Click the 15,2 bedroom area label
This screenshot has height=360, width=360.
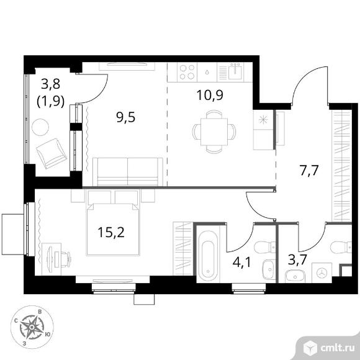click(111, 232)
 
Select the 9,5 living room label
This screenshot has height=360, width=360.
click(126, 117)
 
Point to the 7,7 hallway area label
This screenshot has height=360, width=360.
click(309, 170)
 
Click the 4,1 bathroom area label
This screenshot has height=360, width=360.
click(242, 262)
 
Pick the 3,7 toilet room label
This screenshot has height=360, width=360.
click(297, 260)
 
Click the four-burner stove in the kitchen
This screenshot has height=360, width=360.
click(187, 72)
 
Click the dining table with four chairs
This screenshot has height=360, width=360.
click(214, 132)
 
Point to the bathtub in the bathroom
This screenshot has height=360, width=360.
click(208, 256)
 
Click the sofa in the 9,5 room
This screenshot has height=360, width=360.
click(128, 172)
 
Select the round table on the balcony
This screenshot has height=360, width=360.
click(40, 127)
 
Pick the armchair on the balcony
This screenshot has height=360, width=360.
click(52, 153)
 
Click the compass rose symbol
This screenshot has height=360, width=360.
click(32, 327)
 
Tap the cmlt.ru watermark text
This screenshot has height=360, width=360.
click(338, 348)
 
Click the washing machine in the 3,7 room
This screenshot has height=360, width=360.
click(322, 272)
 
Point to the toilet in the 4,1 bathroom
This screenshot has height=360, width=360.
click(264, 247)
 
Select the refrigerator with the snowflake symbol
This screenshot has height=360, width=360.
click(263, 130)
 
